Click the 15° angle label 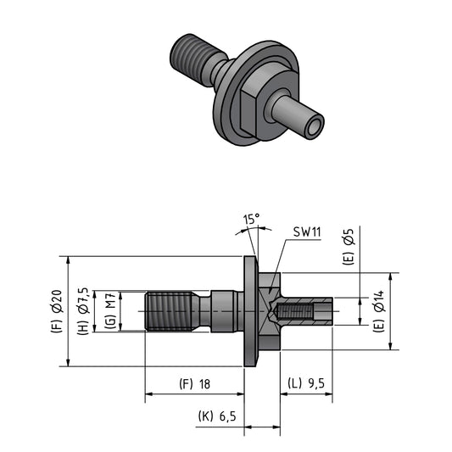click(x=252, y=219)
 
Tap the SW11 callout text click(x=307, y=232)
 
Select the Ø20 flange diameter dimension click(x=58, y=301)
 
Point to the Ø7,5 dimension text click(x=83, y=301)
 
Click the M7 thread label click(x=110, y=300)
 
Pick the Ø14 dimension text click(x=379, y=301)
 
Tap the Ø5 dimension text click(x=349, y=237)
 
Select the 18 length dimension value click(x=204, y=384)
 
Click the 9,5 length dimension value click(x=316, y=383)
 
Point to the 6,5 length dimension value click(x=227, y=416)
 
